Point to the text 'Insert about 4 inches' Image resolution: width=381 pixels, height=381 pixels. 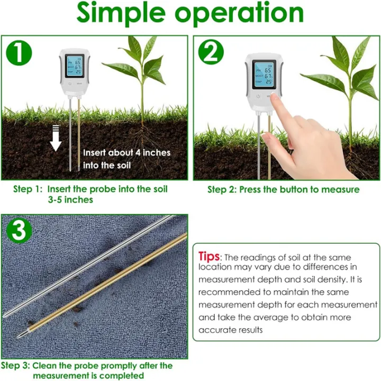click(x=126, y=152)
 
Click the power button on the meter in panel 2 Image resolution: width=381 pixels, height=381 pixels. click(x=258, y=97)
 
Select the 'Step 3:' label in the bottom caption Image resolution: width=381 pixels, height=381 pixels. click(x=15, y=366)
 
